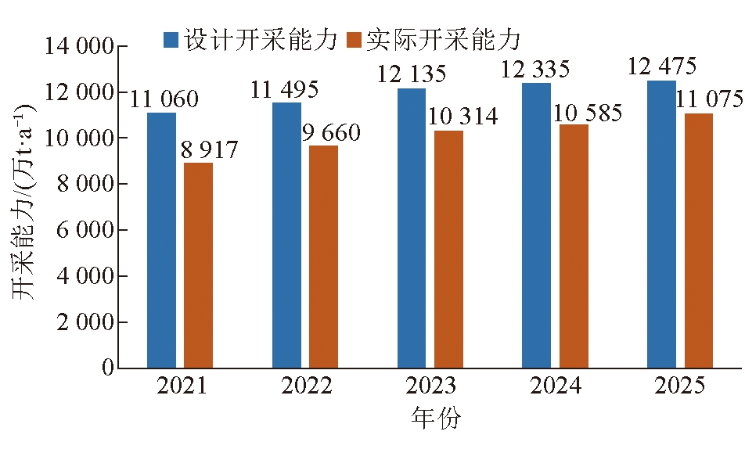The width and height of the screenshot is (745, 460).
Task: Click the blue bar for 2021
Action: pos(161,240)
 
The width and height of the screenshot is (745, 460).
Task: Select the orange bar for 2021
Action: pos(198,265)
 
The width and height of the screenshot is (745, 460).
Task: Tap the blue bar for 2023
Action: pos(412,228)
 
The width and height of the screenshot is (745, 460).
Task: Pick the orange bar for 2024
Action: pos(574,246)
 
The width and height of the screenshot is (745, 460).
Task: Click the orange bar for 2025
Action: pos(699,240)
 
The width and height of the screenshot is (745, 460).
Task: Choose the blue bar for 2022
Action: pos(286,235)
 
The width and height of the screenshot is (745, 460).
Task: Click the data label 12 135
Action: pos(412,74)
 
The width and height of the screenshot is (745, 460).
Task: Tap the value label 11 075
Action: pos(712,99)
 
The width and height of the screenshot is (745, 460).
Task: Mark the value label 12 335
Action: pos(536,69)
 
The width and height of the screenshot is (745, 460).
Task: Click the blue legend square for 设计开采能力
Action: pos(171,39)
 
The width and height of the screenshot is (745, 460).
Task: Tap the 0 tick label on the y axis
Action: pos(106,368)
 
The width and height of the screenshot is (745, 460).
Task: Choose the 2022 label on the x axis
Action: pos(306,386)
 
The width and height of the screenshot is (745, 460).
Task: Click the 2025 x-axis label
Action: pos(680,386)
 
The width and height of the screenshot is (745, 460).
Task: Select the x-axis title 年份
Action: pos(436,419)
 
